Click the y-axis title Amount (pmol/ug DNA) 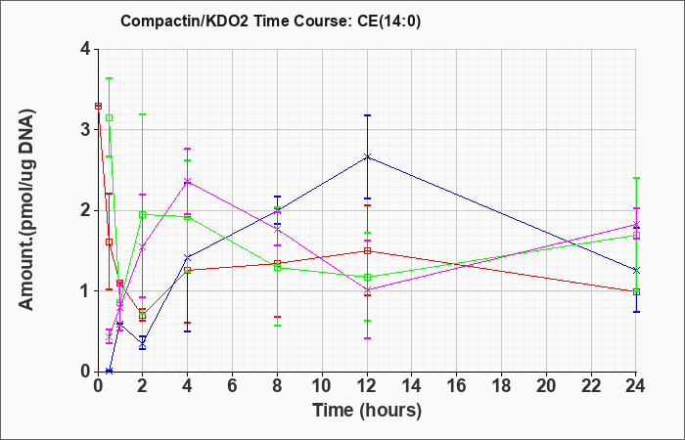(x=26, y=210)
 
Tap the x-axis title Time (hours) (x=367, y=411)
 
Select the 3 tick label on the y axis (x=85, y=130)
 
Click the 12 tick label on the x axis (x=367, y=386)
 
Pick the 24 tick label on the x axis (x=635, y=386)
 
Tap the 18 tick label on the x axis (x=501, y=386)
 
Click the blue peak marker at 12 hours (x=367, y=156)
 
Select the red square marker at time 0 (x=98, y=106)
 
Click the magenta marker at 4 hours (x=188, y=181)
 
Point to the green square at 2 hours (x=143, y=214)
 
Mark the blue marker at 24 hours (x=636, y=270)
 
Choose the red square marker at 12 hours (x=367, y=251)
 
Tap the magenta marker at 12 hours (x=367, y=289)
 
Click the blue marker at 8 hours (x=277, y=211)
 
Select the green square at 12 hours (x=367, y=277)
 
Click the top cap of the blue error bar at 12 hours (x=367, y=115)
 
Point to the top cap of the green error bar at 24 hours (x=636, y=178)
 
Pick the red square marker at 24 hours (x=636, y=292)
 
